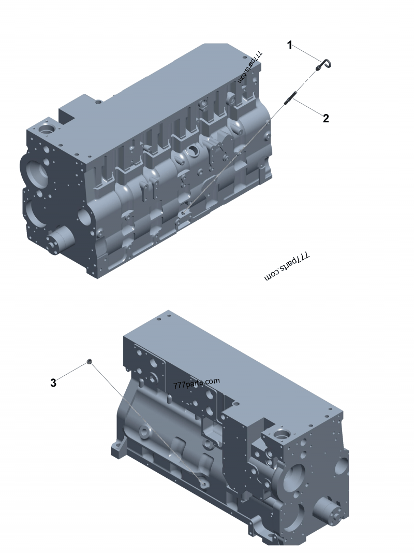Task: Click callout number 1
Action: pos(290,46)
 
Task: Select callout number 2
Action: pos(326,118)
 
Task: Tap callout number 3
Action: pos(53,383)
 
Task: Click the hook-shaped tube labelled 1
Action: pos(324,65)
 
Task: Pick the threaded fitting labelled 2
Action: pos(291,98)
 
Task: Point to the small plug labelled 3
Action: pos(90,361)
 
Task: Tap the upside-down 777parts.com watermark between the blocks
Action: pos(286,266)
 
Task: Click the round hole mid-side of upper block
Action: pos(193,151)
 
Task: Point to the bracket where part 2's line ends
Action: pos(183,217)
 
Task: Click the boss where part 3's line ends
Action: pos(203,483)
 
